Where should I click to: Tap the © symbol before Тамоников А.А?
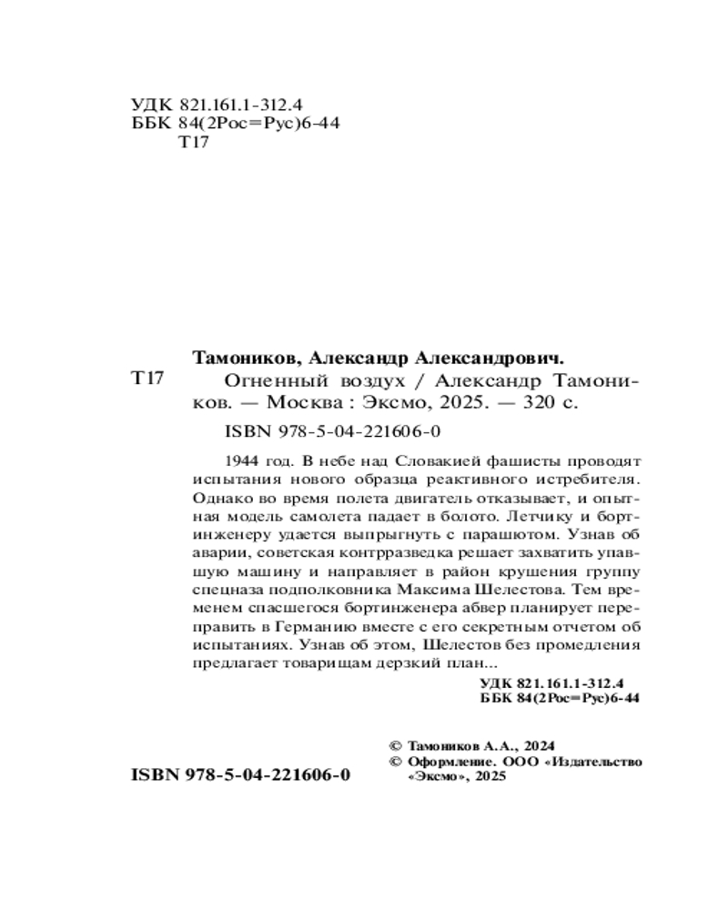[394, 742]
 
